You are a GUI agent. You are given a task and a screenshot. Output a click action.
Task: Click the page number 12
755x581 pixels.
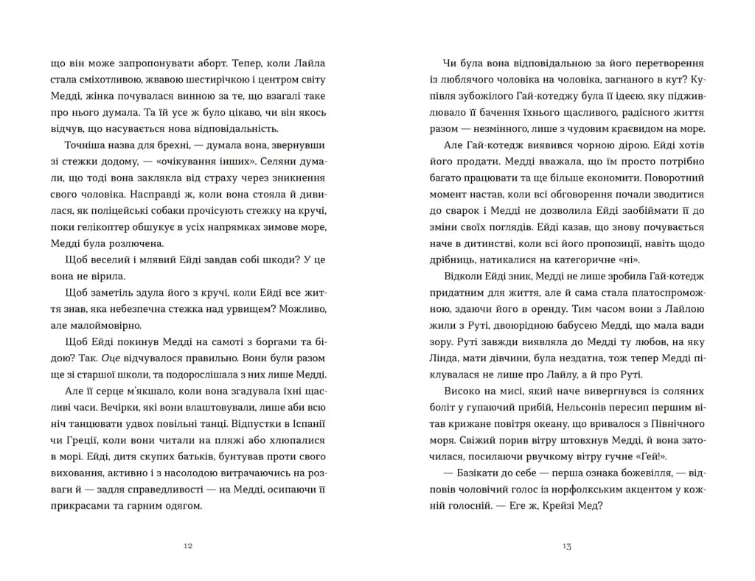187,546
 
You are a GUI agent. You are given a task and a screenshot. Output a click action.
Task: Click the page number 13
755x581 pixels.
566,546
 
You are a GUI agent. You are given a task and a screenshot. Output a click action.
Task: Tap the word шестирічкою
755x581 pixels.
199,80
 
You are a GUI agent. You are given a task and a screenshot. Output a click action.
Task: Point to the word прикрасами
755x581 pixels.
76,506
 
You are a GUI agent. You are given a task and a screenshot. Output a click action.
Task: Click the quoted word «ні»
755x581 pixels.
626,260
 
